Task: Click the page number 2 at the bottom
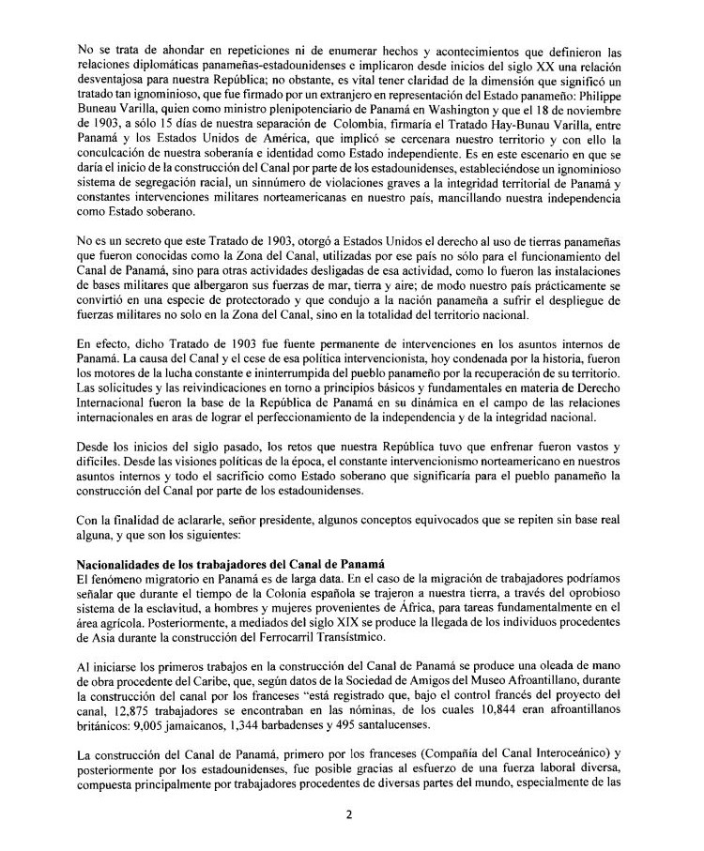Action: click(x=348, y=814)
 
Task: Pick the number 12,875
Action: click(x=107, y=709)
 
